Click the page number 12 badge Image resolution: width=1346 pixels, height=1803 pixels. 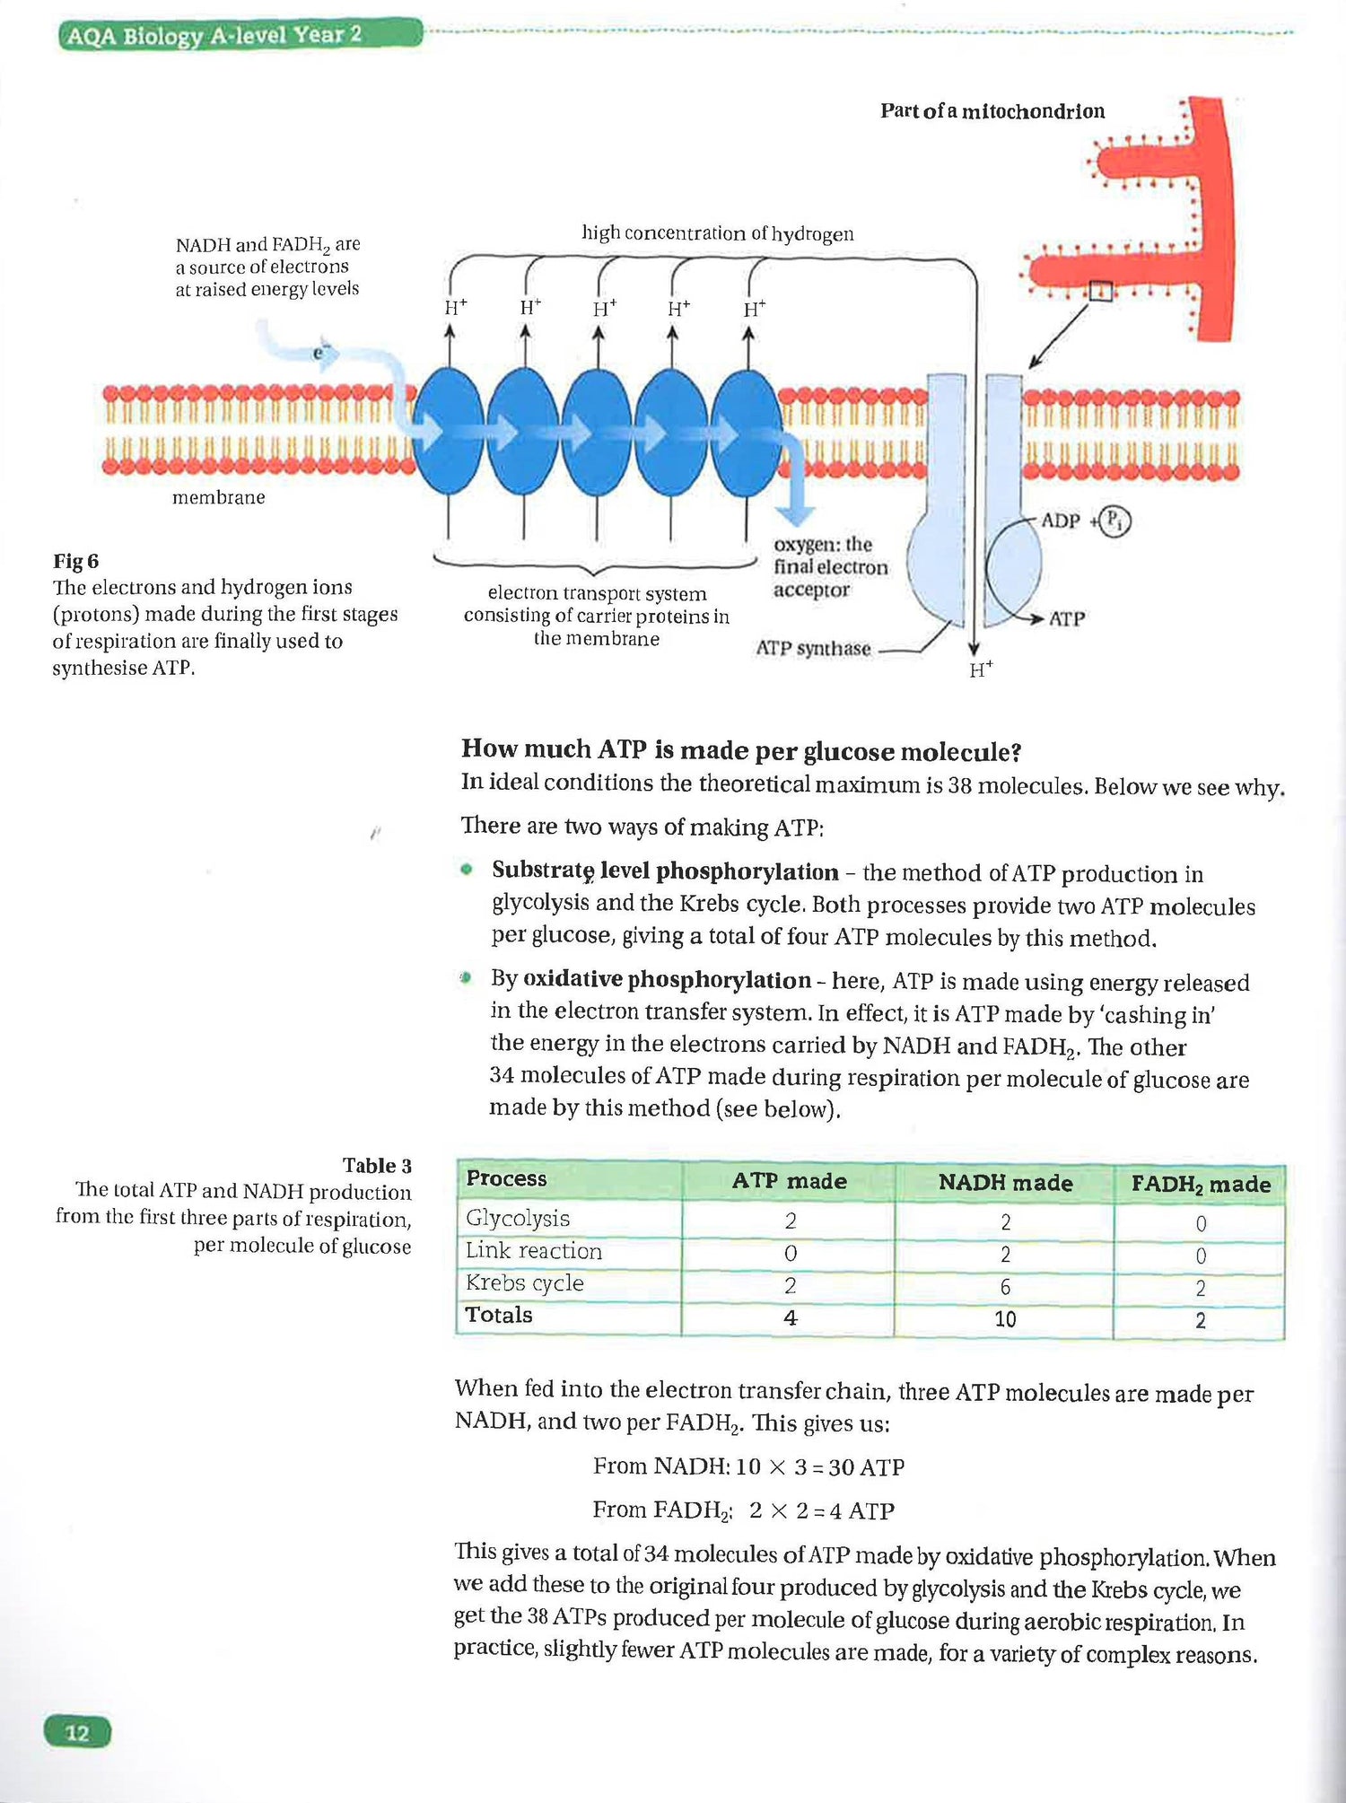pyautogui.click(x=77, y=1732)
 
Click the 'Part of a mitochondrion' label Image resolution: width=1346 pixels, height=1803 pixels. pyautogui.click(x=992, y=111)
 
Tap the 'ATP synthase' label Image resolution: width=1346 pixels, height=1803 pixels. pyautogui.click(x=813, y=648)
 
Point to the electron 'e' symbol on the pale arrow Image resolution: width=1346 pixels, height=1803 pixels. pyautogui.click(x=319, y=353)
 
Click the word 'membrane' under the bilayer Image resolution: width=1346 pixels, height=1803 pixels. pyautogui.click(x=218, y=497)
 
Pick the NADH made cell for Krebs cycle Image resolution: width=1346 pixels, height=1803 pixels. pyautogui.click(x=1005, y=1287)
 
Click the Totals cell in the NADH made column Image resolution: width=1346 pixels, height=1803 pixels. pyautogui.click(x=1005, y=1319)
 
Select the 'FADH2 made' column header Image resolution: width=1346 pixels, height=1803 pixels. pyautogui.click(x=1201, y=1184)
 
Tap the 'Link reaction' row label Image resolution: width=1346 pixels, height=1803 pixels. pyautogui.click(x=534, y=1251)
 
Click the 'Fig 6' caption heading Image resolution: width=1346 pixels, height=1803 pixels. pyautogui.click(x=76, y=561)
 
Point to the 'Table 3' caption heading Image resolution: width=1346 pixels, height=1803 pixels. pyautogui.click(x=377, y=1166)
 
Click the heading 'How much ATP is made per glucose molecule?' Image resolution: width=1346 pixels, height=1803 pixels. pyautogui.click(x=741, y=750)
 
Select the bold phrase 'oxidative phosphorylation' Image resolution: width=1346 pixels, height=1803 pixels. pyautogui.click(x=667, y=980)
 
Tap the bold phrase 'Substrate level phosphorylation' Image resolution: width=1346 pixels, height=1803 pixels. pyautogui.click(x=665, y=871)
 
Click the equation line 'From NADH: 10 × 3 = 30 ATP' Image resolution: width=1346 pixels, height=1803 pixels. pyautogui.click(x=748, y=1466)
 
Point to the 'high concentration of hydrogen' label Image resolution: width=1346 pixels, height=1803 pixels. pyautogui.click(x=718, y=233)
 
